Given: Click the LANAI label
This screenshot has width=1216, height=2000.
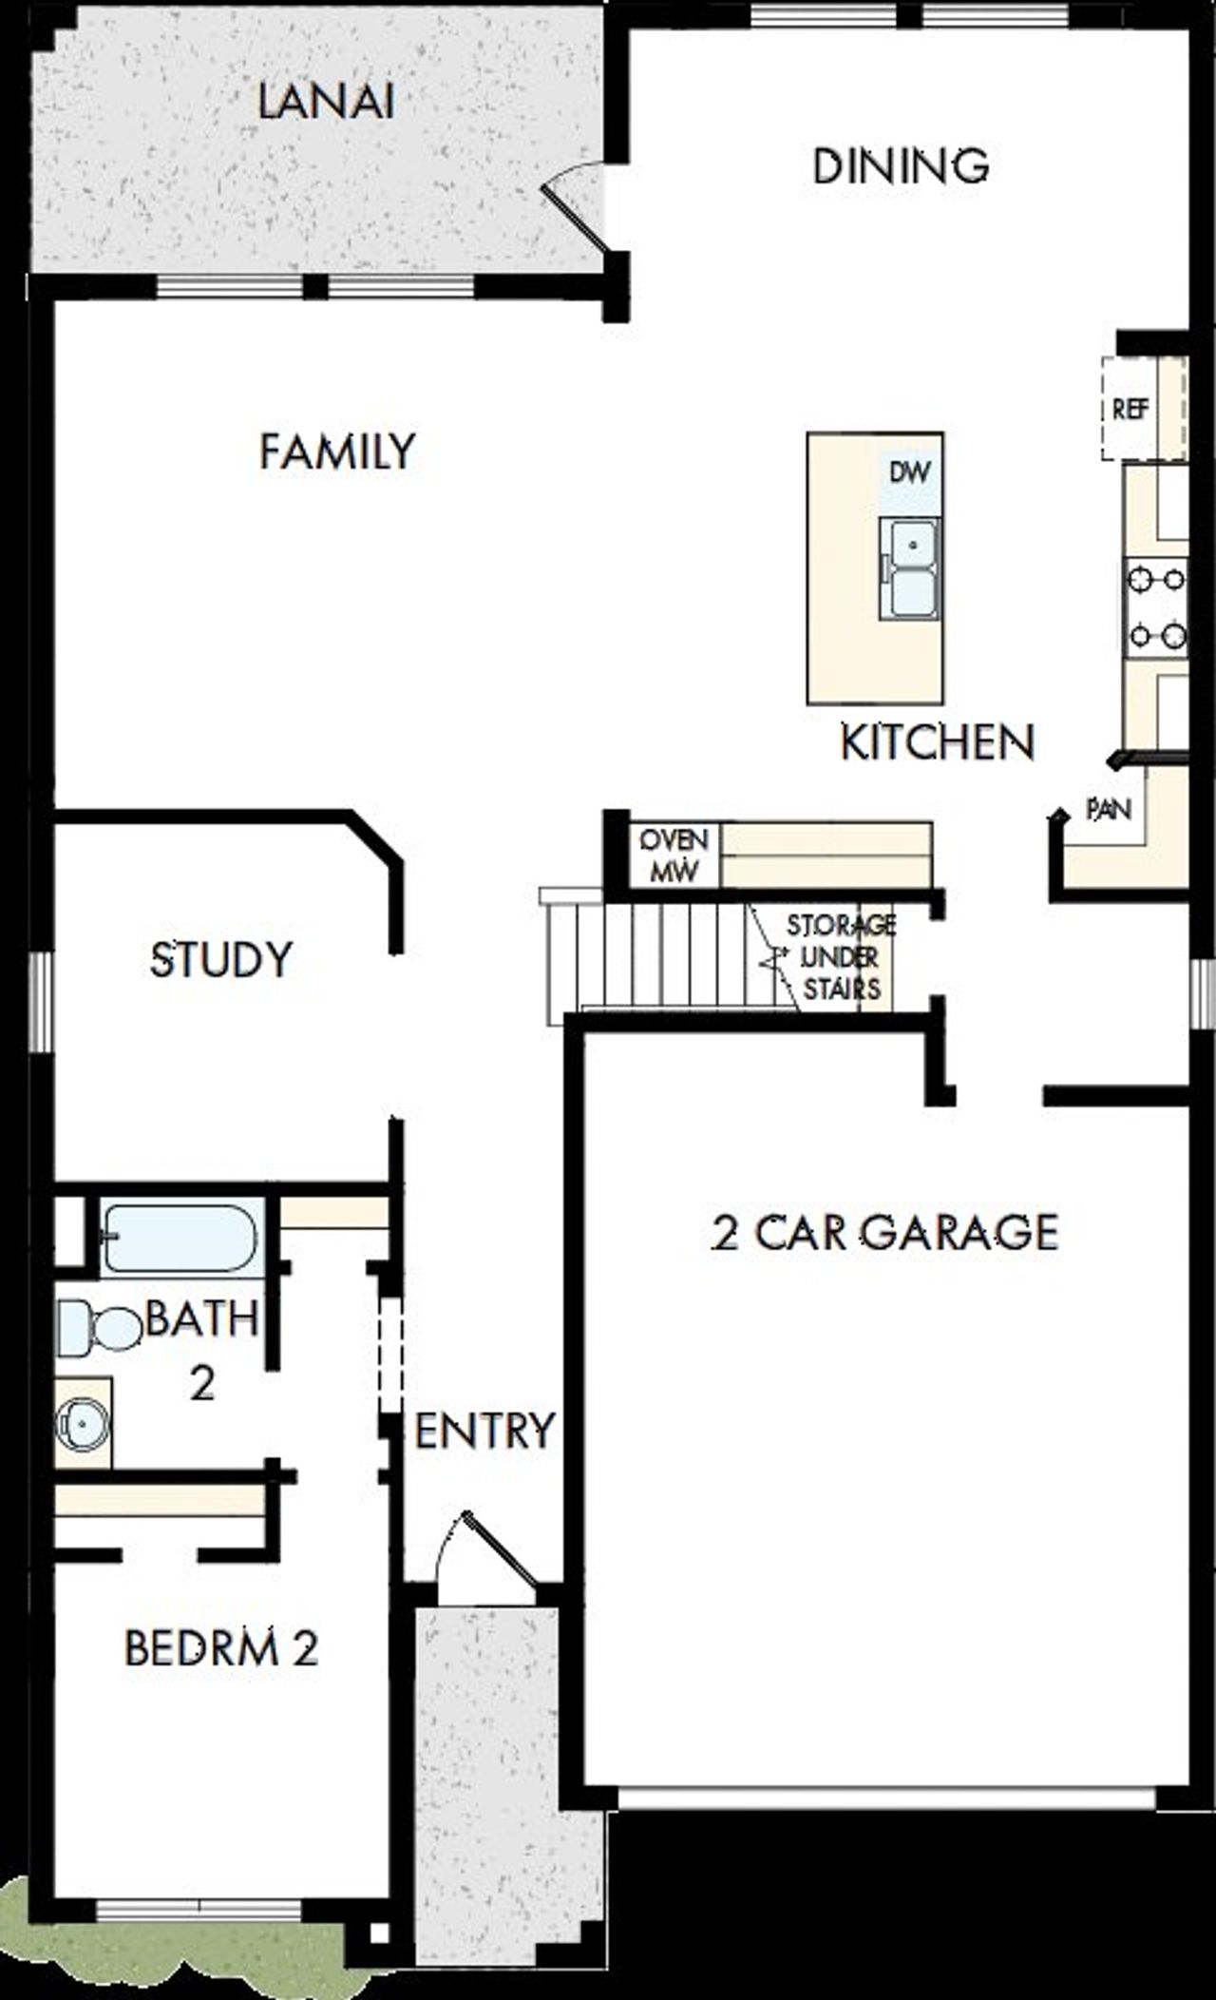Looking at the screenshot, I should (326, 103).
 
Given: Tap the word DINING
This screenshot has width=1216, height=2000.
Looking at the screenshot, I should (901, 166).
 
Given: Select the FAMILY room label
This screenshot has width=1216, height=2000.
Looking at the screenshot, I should (337, 452).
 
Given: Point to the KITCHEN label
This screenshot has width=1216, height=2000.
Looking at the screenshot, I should (937, 742).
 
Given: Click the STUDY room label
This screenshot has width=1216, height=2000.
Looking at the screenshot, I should (221, 960).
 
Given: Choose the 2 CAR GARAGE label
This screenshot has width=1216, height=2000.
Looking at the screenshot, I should (884, 1233).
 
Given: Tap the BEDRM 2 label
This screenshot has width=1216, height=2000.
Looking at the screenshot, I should (221, 1649).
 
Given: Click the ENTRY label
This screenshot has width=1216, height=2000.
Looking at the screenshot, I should (484, 1431).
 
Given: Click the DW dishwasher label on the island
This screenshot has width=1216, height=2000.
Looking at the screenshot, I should (909, 472).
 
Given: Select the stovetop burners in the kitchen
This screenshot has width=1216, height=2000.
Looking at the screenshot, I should (1155, 606).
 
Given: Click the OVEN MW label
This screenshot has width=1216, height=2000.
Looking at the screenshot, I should (674, 855).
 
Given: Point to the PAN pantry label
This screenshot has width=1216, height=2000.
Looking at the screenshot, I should (1109, 810).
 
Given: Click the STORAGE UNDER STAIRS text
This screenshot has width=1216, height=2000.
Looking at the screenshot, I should (841, 957).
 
